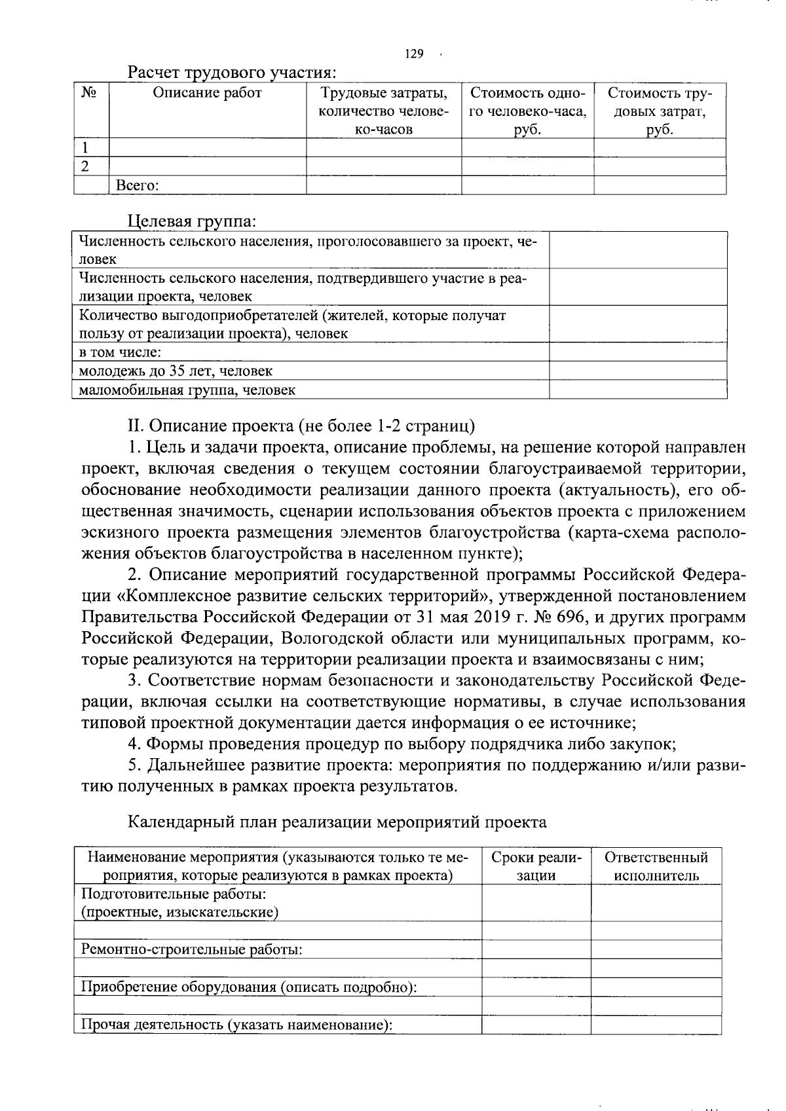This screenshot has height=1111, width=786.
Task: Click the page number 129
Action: click(x=414, y=54)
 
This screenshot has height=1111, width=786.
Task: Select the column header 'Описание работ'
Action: click(x=207, y=93)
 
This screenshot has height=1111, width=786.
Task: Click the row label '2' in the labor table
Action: click(x=85, y=166)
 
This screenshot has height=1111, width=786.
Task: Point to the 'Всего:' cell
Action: click(x=137, y=185)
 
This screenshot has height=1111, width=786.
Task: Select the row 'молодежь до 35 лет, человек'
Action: click(x=176, y=371)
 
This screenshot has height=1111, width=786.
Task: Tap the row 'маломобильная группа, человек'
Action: click(x=187, y=390)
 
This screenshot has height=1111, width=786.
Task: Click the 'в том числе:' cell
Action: click(x=120, y=352)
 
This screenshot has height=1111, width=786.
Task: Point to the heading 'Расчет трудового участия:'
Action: click(x=233, y=71)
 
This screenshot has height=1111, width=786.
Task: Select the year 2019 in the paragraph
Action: click(x=503, y=617)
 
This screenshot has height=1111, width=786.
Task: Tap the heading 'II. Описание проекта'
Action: click(x=301, y=426)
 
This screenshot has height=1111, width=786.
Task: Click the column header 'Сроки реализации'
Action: click(x=536, y=866)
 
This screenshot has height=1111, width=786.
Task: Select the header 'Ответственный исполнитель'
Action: click(x=656, y=866)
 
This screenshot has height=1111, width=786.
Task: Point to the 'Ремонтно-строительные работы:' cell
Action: click(x=191, y=949)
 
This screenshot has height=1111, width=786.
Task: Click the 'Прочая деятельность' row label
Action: click(x=236, y=1025)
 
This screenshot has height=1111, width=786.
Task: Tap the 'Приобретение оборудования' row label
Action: click(x=248, y=987)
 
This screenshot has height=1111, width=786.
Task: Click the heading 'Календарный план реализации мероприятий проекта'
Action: click(x=337, y=822)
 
